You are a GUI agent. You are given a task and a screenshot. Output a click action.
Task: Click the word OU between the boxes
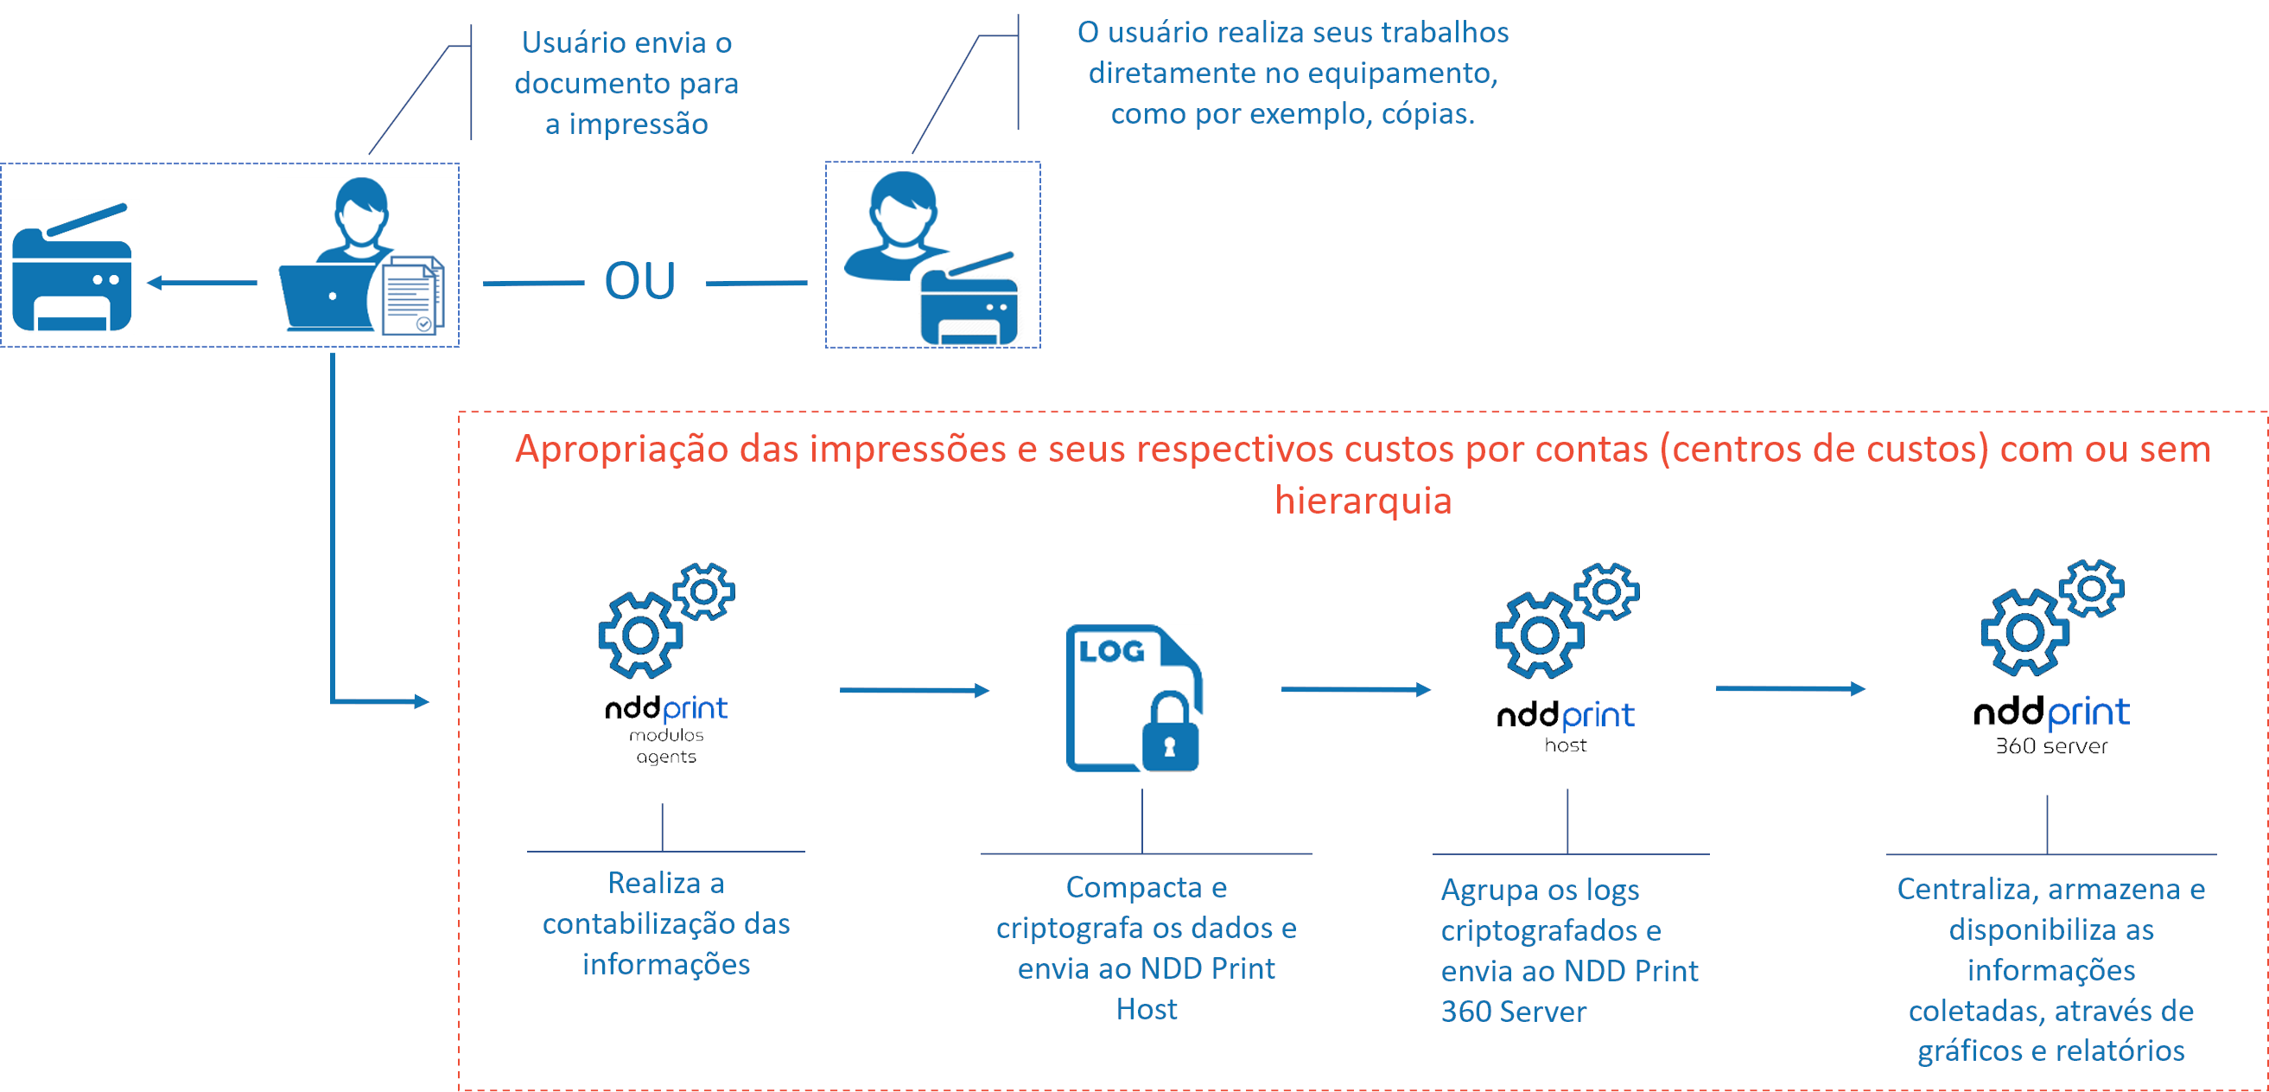click(639, 281)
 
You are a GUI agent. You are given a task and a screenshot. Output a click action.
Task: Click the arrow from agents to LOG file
click(913, 690)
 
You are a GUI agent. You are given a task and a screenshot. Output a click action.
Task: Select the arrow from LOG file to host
click(1355, 689)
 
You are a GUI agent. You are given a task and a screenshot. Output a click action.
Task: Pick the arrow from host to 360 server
click(1789, 688)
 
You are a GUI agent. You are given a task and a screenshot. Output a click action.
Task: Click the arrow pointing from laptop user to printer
click(201, 283)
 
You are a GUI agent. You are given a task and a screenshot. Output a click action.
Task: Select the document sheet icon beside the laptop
click(412, 295)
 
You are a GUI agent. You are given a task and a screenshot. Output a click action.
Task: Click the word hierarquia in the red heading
click(1363, 501)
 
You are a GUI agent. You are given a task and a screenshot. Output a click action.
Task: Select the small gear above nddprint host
click(1606, 591)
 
